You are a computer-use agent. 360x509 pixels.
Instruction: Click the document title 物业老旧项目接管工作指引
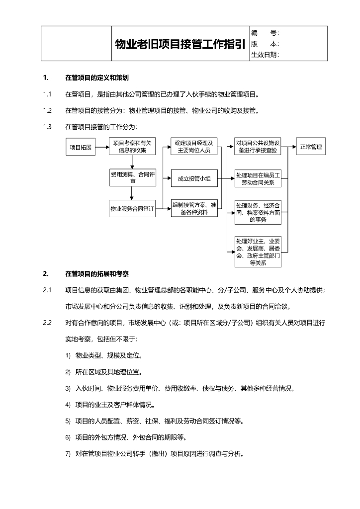click(180, 44)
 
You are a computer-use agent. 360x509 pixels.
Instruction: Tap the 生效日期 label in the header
click(265, 55)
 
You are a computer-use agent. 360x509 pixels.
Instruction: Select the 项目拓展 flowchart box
click(81, 147)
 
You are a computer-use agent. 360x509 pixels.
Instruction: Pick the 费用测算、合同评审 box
click(132, 178)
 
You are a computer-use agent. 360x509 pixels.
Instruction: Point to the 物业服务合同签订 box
click(132, 209)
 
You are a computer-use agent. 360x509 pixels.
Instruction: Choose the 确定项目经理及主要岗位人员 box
click(194, 147)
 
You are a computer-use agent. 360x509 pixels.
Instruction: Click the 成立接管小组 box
click(194, 178)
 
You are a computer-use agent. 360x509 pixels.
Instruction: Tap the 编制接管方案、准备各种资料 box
click(194, 209)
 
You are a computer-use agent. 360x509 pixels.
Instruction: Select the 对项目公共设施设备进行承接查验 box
click(258, 147)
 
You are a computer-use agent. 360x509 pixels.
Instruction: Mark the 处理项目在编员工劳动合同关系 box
click(258, 178)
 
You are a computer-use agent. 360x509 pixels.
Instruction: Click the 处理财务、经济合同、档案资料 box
click(258, 212)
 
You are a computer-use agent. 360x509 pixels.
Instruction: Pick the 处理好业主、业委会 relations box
click(258, 252)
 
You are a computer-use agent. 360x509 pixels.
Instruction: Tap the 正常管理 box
click(311, 147)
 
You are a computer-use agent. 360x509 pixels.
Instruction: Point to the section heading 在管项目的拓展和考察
click(97, 273)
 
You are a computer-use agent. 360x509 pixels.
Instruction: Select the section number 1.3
click(47, 127)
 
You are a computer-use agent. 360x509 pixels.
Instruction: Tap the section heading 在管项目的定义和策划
click(97, 78)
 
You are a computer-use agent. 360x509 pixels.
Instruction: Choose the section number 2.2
click(47, 323)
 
